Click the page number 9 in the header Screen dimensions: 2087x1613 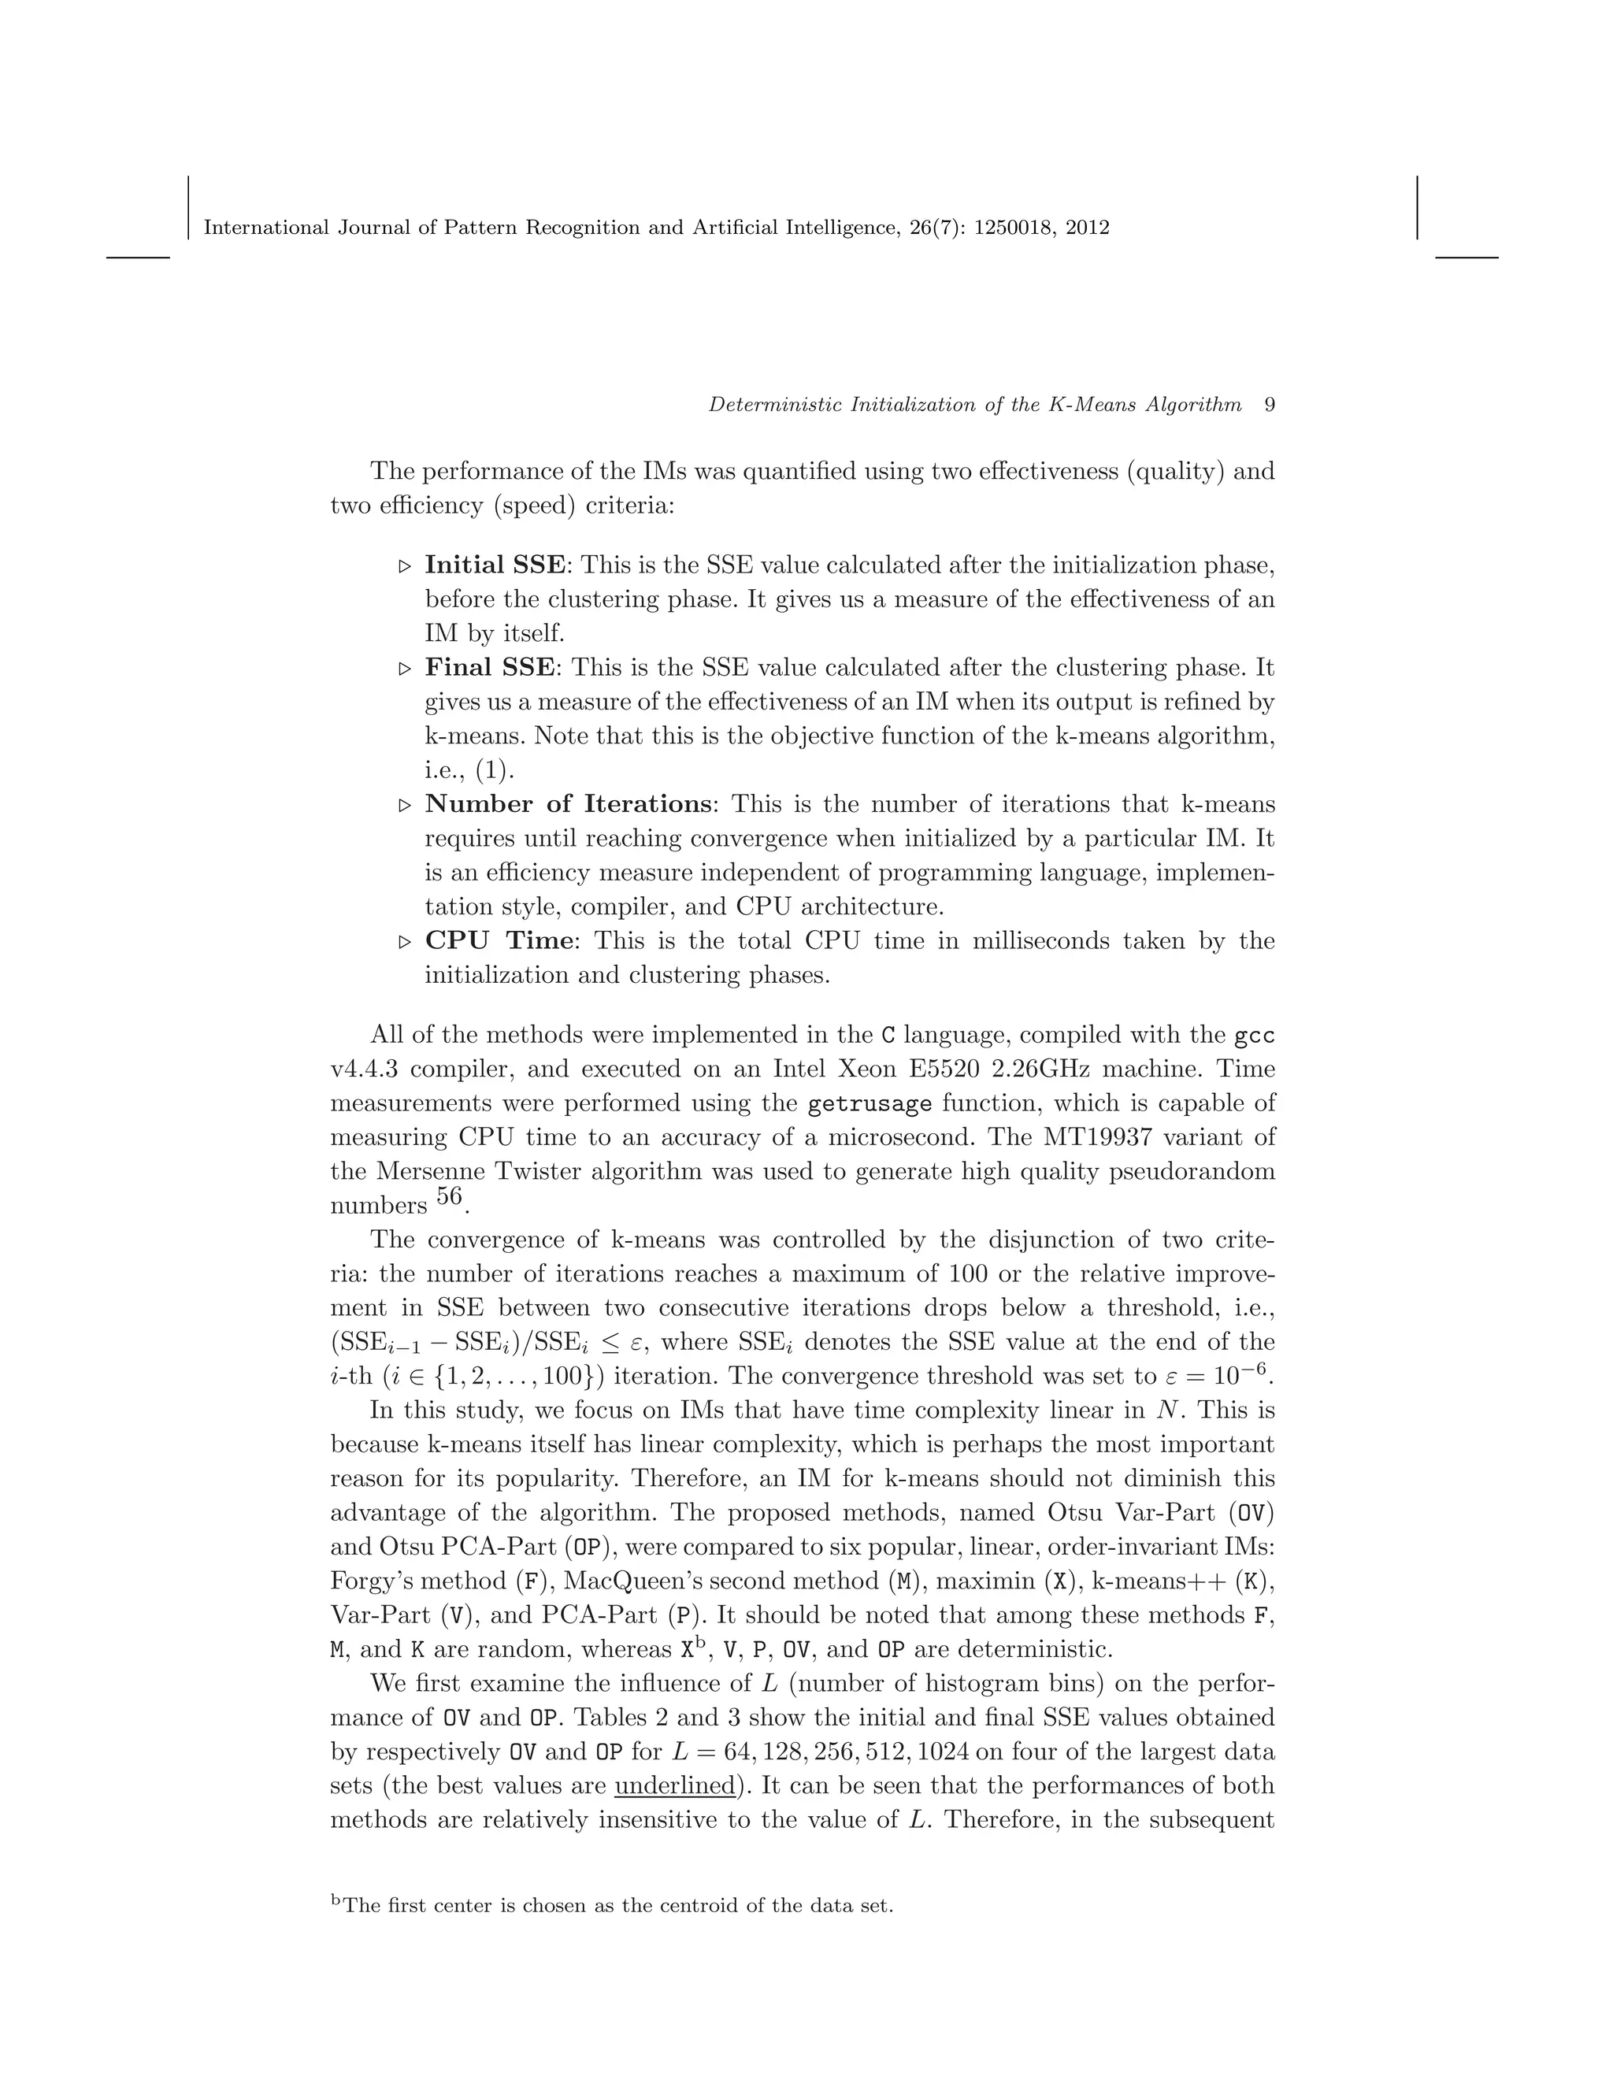coord(1269,404)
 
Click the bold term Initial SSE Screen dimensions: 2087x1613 coord(495,565)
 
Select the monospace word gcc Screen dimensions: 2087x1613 coord(1255,1036)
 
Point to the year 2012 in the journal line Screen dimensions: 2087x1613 coord(1088,228)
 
